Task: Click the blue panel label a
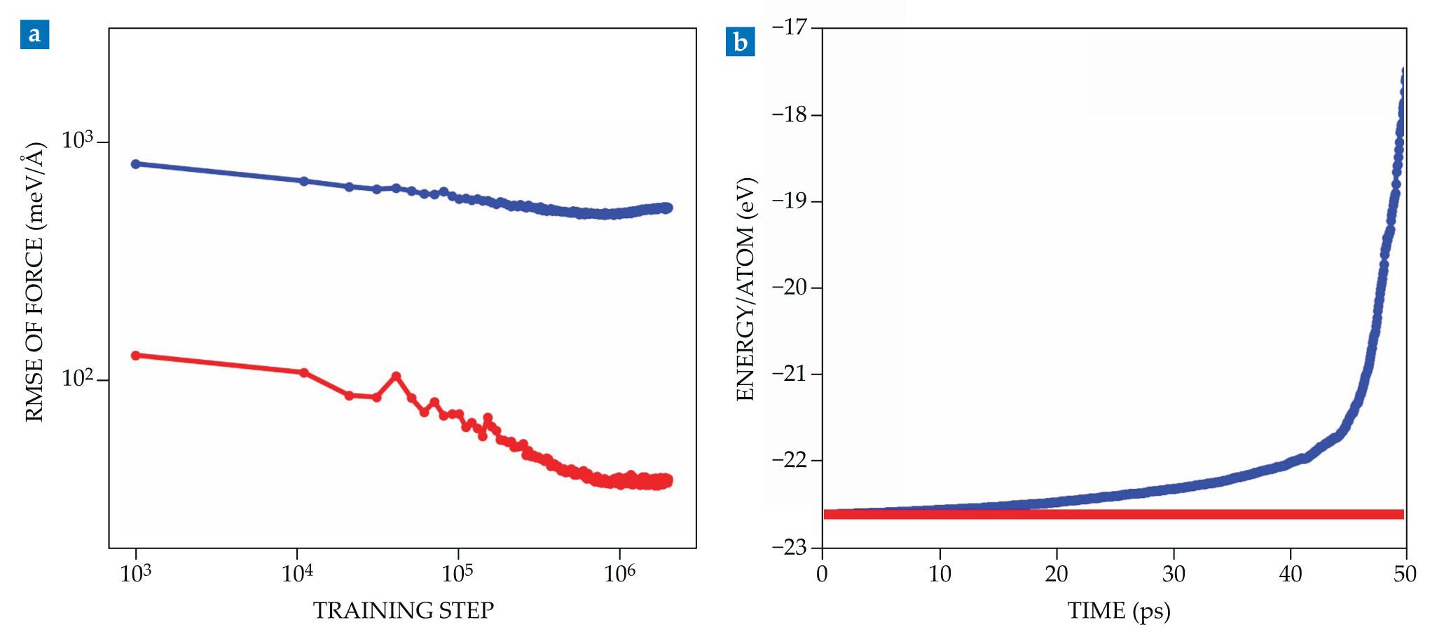tap(34, 35)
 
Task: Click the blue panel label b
tap(740, 43)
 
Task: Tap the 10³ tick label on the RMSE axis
tap(78, 140)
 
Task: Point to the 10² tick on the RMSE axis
tap(78, 379)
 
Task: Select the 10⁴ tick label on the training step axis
tap(297, 574)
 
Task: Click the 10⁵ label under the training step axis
tap(458, 574)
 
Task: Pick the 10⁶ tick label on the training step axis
tap(620, 574)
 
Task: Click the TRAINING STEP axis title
tap(403, 611)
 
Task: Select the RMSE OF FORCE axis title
tap(34, 282)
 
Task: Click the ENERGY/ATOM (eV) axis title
tap(745, 289)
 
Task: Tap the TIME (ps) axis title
tap(1119, 611)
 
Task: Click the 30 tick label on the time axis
tap(1174, 574)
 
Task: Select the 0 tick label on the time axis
tap(823, 574)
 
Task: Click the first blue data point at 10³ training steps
tap(136, 164)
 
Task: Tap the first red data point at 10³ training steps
tap(136, 356)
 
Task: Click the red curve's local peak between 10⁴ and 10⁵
tap(397, 376)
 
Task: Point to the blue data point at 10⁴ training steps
tap(304, 181)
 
